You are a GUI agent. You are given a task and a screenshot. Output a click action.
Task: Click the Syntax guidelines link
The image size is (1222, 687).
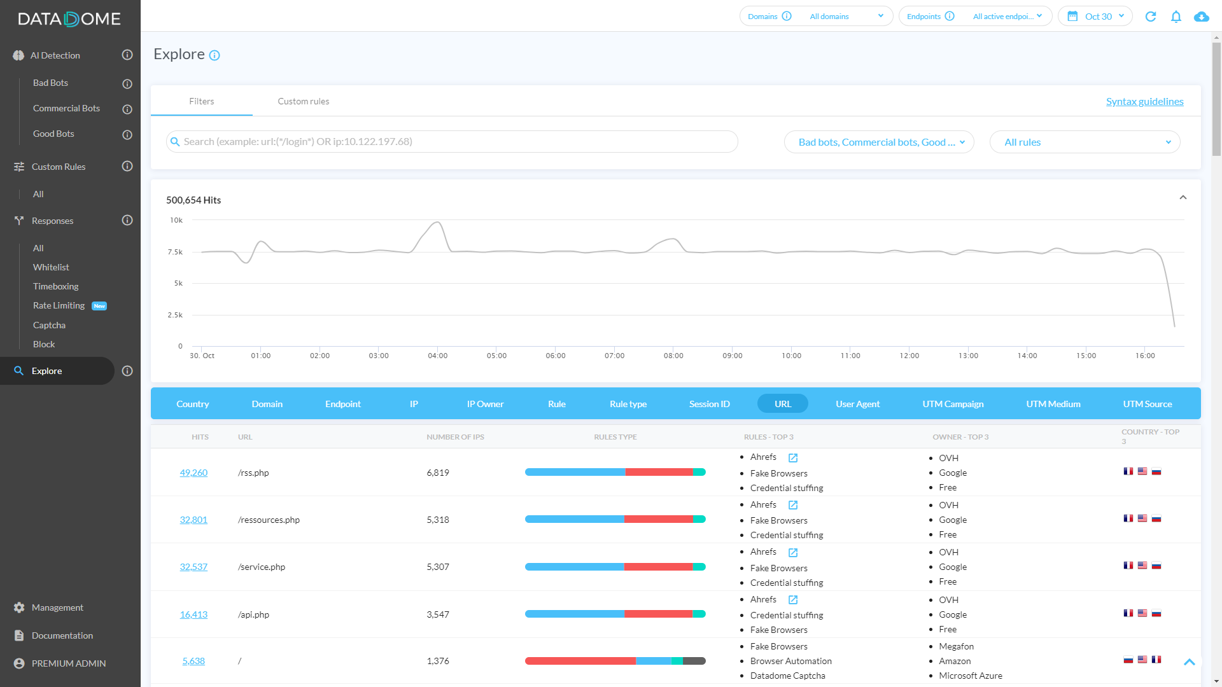pos(1144,102)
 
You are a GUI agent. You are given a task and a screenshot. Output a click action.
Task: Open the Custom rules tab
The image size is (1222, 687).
pos(303,102)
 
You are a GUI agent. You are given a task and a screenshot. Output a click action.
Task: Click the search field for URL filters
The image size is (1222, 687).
pos(452,142)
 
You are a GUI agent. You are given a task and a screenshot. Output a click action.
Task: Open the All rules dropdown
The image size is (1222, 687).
pos(1085,142)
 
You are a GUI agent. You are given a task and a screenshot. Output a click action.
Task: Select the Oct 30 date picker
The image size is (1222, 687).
pos(1095,17)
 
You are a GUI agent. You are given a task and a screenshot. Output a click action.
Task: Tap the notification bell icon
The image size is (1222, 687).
pos(1176,17)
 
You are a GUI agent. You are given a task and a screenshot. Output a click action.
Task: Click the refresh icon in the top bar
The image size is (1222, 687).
pos(1150,17)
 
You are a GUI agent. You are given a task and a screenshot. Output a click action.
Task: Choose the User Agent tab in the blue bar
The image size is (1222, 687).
pos(857,404)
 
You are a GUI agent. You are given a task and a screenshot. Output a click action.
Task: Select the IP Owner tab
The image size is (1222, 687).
pos(485,404)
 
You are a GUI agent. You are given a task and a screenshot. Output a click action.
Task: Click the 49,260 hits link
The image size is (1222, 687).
pos(193,473)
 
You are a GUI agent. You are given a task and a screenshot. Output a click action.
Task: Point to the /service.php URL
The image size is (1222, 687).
pos(262,567)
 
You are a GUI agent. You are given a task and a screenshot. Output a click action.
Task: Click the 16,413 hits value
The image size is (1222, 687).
pos(193,614)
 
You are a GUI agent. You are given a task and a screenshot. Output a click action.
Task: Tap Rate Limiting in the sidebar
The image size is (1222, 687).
pos(59,306)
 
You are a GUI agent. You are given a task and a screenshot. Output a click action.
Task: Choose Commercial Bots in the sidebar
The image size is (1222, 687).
pos(66,109)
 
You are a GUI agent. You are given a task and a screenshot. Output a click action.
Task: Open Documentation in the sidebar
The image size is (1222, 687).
pos(62,635)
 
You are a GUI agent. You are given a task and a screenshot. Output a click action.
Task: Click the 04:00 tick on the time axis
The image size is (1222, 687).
pos(438,356)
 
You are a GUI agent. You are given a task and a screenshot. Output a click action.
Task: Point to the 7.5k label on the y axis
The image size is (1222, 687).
pos(175,252)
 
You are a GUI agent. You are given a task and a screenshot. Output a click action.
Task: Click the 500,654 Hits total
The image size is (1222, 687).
pos(193,200)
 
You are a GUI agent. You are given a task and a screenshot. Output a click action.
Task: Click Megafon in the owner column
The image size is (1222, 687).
pos(956,646)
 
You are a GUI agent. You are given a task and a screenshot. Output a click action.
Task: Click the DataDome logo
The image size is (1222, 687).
pos(69,19)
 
